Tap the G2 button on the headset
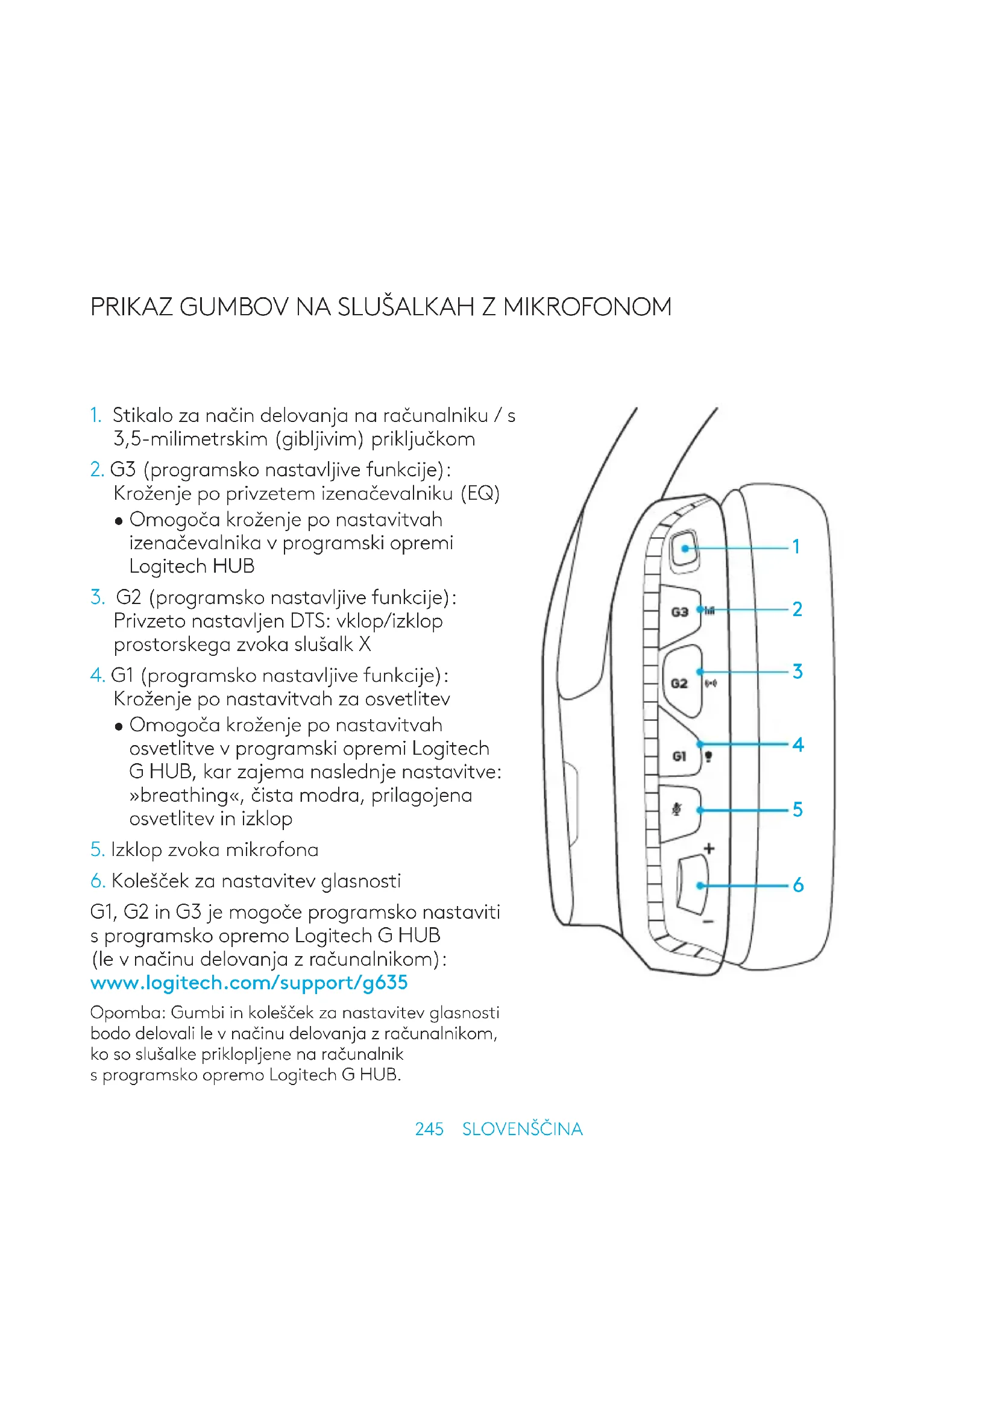pyautogui.click(x=680, y=682)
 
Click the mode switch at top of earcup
pyautogui.click(x=685, y=549)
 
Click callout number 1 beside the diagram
pyautogui.click(x=796, y=547)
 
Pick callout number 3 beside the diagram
pyautogui.click(x=797, y=671)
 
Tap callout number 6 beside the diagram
pyautogui.click(x=797, y=885)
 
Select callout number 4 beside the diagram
pyautogui.click(x=797, y=744)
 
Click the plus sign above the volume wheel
pyautogui.click(x=709, y=849)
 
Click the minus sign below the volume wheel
pyautogui.click(x=708, y=922)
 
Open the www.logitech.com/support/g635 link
pyautogui.click(x=248, y=983)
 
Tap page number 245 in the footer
pyautogui.click(x=429, y=1128)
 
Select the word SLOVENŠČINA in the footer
pyautogui.click(x=522, y=1128)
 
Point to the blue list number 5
pyautogui.click(x=97, y=850)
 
